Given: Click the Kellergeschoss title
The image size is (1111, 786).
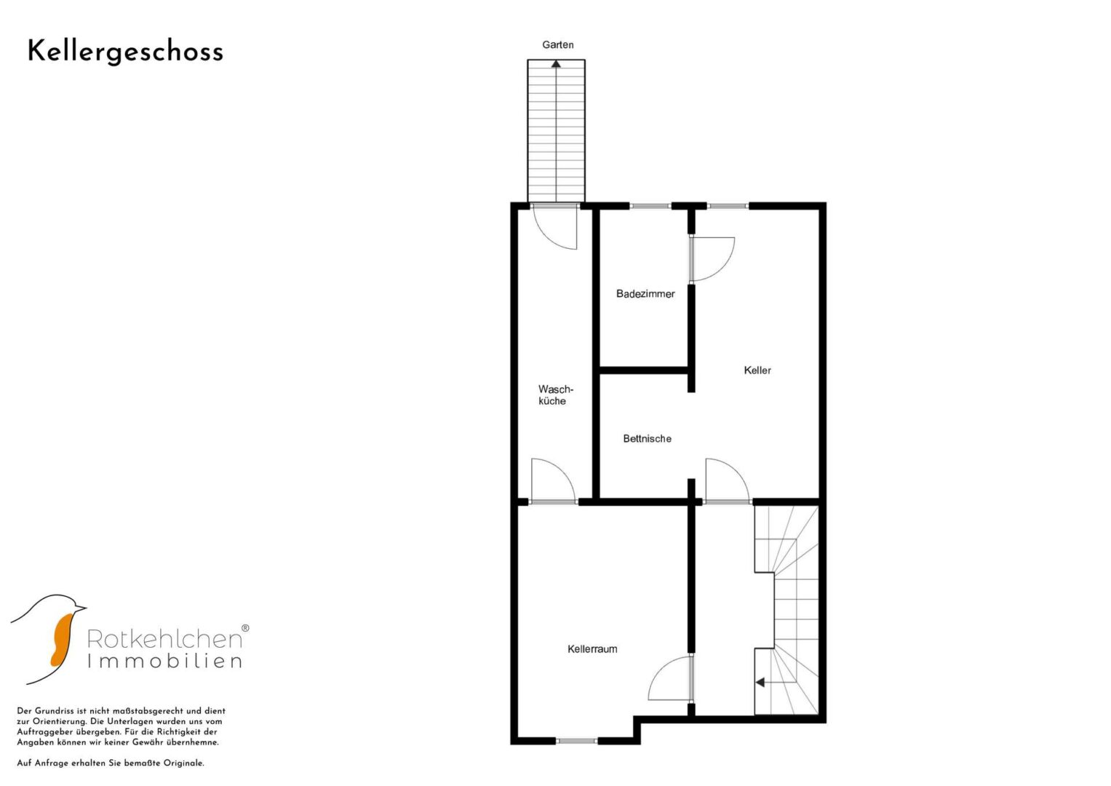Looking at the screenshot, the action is (x=125, y=52).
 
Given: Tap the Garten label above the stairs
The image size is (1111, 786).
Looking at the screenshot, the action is (x=558, y=45).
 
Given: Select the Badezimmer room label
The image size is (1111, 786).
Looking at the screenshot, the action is (x=645, y=294).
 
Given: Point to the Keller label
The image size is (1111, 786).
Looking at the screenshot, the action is (x=757, y=370).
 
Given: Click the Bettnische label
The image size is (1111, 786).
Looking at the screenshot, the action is (x=648, y=439).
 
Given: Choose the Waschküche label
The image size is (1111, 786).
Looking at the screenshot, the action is (x=556, y=395).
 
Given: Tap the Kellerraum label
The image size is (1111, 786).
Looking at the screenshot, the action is (x=592, y=649).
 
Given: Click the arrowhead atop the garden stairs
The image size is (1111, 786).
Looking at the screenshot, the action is (x=557, y=63).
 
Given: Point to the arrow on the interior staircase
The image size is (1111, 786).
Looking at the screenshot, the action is (x=764, y=683).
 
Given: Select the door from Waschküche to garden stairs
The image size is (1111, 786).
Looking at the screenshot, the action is (x=555, y=229).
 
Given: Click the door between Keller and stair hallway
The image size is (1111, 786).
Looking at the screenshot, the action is (x=728, y=480).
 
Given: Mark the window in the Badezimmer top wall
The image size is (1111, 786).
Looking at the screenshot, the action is (x=650, y=206).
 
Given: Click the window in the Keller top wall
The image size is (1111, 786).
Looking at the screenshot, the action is (x=728, y=206).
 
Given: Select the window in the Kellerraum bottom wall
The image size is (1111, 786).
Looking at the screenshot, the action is (x=576, y=741).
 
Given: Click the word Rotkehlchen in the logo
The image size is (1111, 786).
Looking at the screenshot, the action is (x=164, y=639).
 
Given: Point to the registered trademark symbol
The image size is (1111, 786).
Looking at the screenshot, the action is (x=245, y=628).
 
